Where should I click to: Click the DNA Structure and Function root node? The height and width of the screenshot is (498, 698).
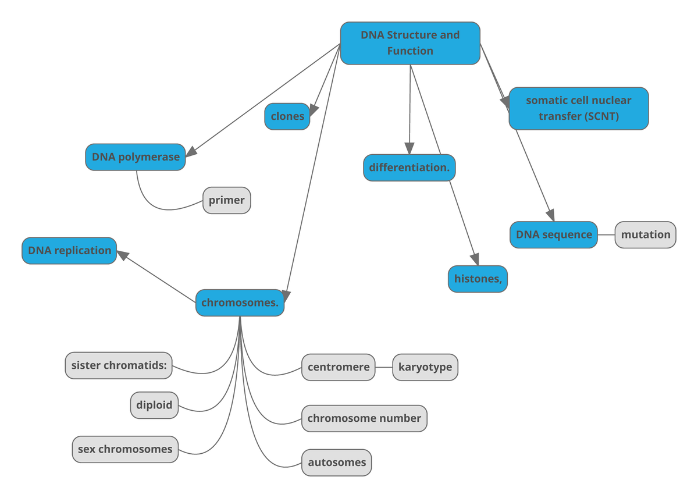(x=410, y=43)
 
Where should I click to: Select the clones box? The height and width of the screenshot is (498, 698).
(x=287, y=116)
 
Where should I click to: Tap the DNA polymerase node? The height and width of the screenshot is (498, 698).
(x=136, y=157)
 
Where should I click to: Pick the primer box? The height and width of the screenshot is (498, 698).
(x=227, y=201)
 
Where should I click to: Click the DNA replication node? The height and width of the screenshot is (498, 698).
(x=69, y=251)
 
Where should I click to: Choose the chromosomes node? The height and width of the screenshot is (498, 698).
(x=240, y=303)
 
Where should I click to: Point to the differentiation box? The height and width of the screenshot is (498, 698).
(x=409, y=168)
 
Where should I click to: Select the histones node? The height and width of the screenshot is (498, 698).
(x=477, y=279)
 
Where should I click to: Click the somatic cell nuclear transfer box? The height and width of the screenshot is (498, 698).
(x=578, y=108)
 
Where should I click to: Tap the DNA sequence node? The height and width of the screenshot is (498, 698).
(x=554, y=235)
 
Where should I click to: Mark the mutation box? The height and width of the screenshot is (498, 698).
(x=645, y=235)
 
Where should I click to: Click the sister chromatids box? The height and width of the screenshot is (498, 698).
(x=119, y=365)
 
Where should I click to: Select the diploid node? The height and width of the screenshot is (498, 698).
(x=154, y=405)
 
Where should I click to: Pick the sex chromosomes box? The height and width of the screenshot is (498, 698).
(x=125, y=449)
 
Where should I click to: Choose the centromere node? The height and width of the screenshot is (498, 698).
(x=338, y=367)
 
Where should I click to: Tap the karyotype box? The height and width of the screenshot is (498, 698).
(x=425, y=367)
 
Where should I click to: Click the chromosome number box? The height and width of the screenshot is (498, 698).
(x=364, y=418)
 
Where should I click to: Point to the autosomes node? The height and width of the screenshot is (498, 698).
(x=336, y=463)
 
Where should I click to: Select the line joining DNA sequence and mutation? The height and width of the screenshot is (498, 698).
(x=606, y=235)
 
